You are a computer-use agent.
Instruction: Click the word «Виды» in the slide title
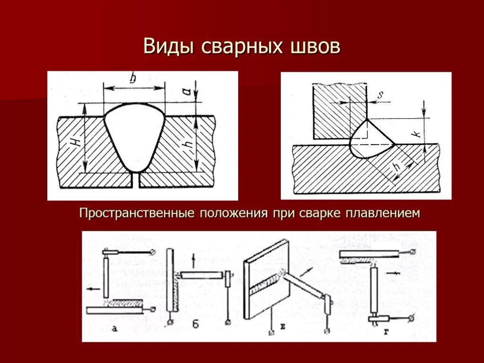click(x=171, y=47)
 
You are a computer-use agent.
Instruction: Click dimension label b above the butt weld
click(x=133, y=79)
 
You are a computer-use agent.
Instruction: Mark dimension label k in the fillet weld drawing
click(x=416, y=133)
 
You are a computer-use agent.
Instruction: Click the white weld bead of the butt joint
click(x=135, y=137)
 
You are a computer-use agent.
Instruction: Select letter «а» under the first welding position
click(x=114, y=328)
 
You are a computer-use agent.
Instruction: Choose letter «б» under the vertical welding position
click(x=195, y=325)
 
